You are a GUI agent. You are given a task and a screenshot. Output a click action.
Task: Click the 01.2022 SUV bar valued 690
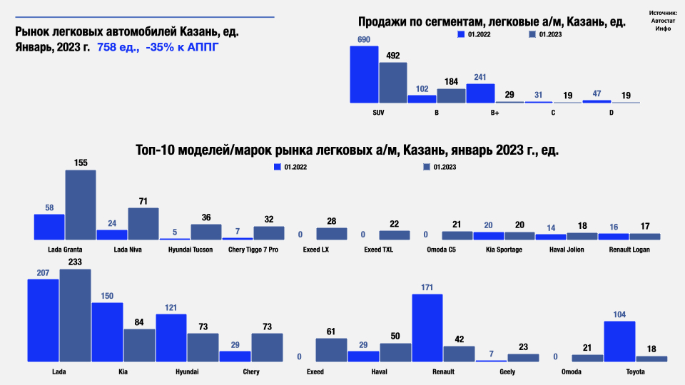(364, 75)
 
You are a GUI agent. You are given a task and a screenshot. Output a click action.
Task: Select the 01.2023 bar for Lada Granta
(81, 205)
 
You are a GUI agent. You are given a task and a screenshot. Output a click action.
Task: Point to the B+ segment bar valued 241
(480, 93)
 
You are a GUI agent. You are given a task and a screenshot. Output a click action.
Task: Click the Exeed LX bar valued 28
(332, 233)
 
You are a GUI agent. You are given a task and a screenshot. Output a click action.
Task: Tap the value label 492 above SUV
(393, 55)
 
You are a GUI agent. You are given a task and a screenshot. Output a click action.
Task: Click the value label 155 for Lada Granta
(81, 163)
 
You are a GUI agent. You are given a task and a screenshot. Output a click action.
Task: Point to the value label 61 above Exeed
(331, 331)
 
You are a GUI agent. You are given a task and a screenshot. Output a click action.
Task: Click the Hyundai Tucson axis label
(191, 250)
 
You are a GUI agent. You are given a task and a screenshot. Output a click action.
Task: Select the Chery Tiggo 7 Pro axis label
(253, 250)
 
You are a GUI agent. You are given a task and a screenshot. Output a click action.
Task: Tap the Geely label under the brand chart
(507, 372)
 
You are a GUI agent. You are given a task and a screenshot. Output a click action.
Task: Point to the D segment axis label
(611, 113)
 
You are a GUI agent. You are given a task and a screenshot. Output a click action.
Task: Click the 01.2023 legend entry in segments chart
(546, 34)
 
